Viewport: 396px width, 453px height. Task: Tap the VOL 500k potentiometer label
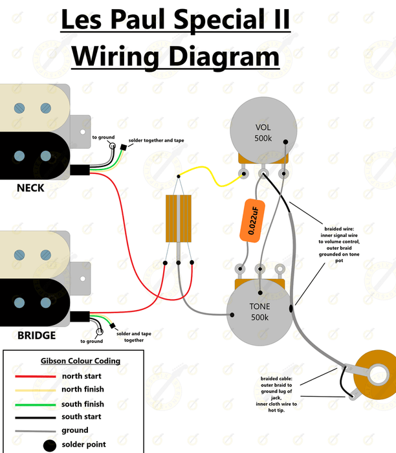[263, 133]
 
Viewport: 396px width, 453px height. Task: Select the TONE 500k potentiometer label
[260, 311]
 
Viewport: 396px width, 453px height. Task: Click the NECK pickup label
[31, 188]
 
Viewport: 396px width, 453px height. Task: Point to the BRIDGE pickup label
[36, 335]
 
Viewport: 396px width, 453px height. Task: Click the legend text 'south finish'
[83, 403]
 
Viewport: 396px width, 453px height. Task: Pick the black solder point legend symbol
[49, 445]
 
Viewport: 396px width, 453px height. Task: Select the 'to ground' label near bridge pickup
[91, 341]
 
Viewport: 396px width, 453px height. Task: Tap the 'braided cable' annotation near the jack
[276, 391]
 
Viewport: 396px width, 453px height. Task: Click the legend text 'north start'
[82, 376]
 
